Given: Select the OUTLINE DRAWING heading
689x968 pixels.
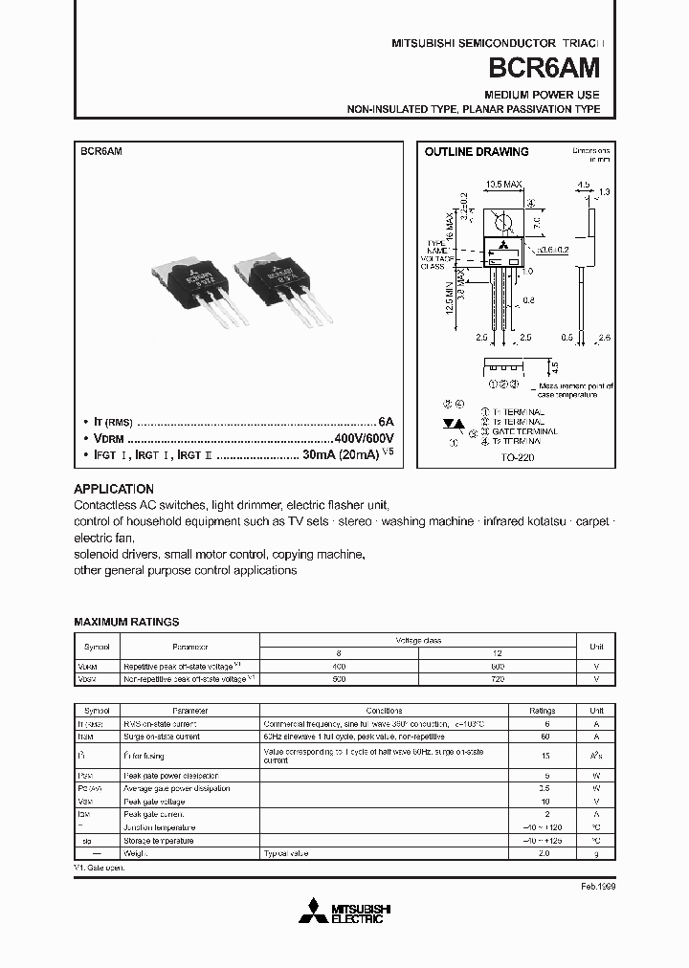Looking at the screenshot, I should [x=476, y=152].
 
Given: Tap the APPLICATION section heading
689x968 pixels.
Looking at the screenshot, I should [x=114, y=488].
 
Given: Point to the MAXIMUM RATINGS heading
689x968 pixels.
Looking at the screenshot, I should [x=126, y=622].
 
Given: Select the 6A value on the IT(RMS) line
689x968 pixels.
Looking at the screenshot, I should [x=386, y=421].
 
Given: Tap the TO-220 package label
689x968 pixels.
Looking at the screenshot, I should [x=516, y=458].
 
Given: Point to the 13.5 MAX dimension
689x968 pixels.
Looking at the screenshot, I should [x=503, y=184].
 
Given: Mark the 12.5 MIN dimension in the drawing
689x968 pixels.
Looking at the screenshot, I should [x=450, y=303].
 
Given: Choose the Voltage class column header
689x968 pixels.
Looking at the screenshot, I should [x=418, y=639].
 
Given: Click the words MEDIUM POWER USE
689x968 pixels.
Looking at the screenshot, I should [x=542, y=95].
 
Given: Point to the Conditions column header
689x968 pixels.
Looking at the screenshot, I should [x=390, y=711].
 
